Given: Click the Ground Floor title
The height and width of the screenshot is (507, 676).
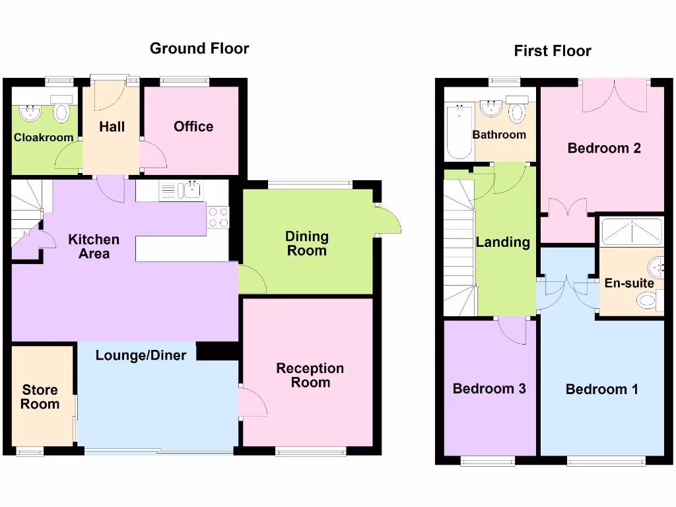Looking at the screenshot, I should tap(199, 48).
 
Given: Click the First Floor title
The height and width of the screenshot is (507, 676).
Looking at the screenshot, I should tap(553, 51).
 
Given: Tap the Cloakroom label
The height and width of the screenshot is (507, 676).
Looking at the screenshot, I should tap(43, 138).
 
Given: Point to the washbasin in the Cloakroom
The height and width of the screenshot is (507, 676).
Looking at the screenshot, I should tap(30, 113).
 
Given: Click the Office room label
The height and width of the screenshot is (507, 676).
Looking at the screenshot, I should tap(193, 126).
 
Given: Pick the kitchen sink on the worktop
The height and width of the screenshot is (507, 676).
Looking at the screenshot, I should tap(192, 191).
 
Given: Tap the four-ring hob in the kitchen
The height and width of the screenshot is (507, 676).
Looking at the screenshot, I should tap(218, 217).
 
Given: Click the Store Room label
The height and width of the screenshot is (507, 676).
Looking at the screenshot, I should tap(40, 397).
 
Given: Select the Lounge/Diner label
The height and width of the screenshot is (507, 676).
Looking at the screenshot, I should tap(141, 355).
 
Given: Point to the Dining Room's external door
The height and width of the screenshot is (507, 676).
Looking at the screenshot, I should tap(389, 220).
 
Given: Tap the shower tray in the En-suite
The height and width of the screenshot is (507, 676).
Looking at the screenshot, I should tap(631, 230).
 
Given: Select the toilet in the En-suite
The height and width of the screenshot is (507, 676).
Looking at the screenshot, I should tap(648, 301).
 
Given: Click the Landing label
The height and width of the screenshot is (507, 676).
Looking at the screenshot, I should tap(503, 242).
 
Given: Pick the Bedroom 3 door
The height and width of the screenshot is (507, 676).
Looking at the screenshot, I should tap(512, 329).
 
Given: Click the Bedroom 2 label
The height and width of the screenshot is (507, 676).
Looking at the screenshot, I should tap(604, 148).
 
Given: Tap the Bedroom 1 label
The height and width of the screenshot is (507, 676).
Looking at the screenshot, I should tap(601, 389).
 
